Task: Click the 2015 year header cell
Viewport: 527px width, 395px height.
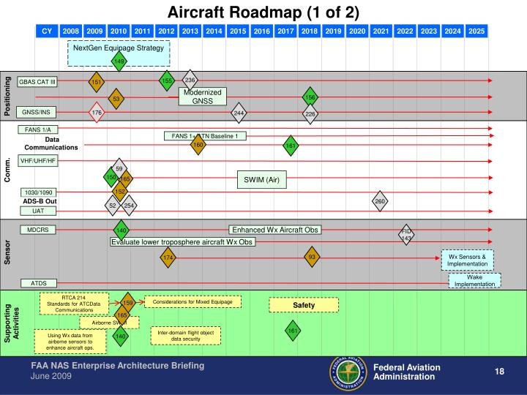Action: [237, 31]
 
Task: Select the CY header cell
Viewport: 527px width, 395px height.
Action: [47, 31]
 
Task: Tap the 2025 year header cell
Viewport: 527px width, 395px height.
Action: [476, 31]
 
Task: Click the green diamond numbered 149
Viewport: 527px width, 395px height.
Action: [119, 61]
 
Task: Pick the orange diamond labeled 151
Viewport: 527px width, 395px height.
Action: [96, 82]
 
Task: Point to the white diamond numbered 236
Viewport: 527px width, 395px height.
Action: [190, 80]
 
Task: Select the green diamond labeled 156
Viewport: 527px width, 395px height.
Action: [310, 97]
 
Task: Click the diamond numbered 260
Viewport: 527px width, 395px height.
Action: [379, 201]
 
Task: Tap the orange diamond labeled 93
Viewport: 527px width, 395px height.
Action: [312, 257]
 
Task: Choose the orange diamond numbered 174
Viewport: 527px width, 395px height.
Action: [168, 257]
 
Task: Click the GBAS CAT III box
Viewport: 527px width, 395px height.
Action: [37, 81]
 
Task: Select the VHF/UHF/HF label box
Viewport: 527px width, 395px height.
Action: [37, 160]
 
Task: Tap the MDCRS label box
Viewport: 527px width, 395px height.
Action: [37, 230]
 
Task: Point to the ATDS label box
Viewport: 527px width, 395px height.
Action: [37, 282]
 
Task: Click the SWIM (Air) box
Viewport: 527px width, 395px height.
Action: [261, 179]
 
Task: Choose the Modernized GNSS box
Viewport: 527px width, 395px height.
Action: [202, 97]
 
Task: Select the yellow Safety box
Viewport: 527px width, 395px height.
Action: [303, 304]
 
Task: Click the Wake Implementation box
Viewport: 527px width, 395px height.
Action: [474, 280]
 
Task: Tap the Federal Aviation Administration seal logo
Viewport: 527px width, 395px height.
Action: [348, 372]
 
